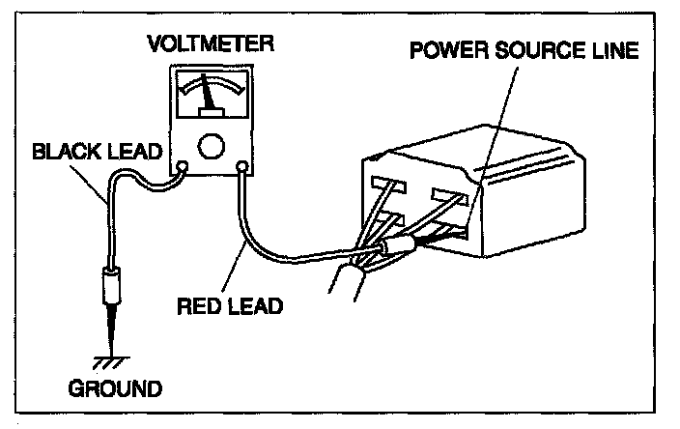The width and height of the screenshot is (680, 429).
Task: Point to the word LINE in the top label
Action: pyautogui.click(x=615, y=49)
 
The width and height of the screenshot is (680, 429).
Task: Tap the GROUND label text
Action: pyautogui.click(x=115, y=390)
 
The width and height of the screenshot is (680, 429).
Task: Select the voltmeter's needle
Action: pyautogui.click(x=209, y=100)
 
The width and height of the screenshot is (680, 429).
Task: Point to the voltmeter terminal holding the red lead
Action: pyautogui.click(x=241, y=167)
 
